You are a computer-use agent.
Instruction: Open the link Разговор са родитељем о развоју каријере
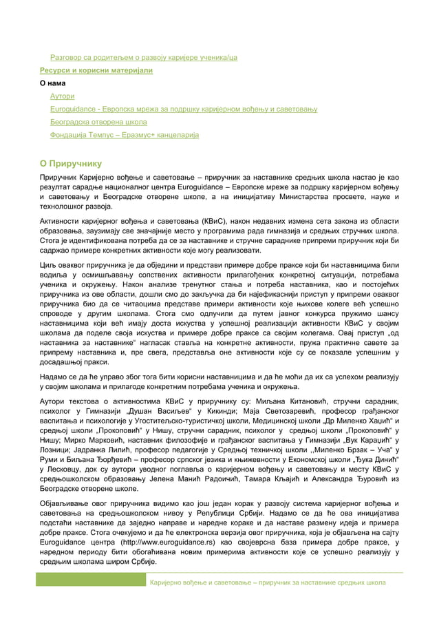(144, 57)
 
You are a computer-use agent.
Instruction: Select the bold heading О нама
(54, 83)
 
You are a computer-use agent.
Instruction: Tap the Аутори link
(63, 96)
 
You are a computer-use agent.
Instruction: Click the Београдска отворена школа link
(98, 123)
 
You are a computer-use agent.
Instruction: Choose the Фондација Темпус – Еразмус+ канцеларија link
(125, 136)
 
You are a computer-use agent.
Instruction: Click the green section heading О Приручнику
(70, 164)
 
